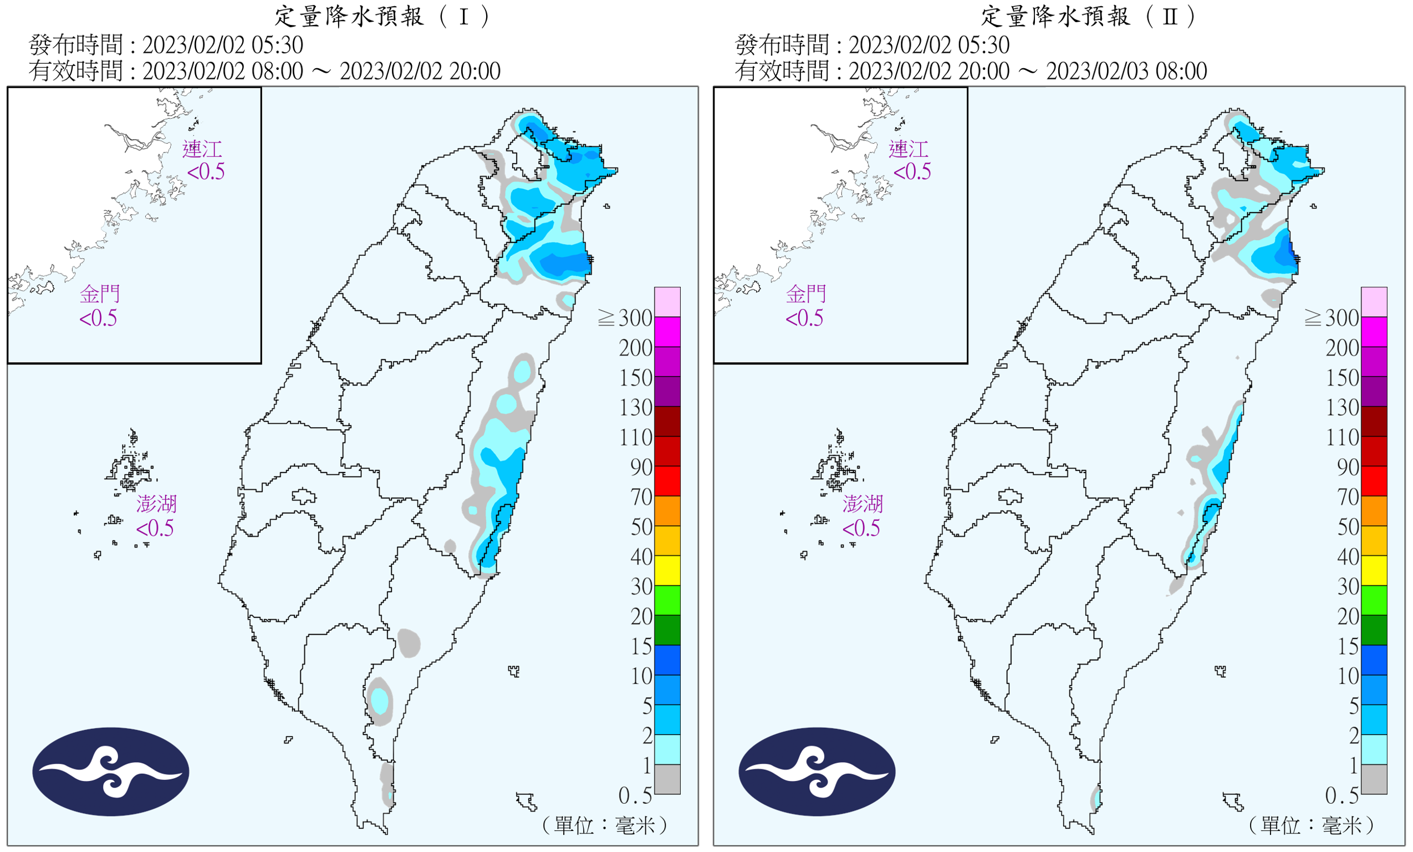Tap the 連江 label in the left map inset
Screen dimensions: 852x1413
coord(202,149)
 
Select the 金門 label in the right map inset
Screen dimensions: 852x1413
coord(805,295)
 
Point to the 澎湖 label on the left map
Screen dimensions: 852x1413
coord(156,504)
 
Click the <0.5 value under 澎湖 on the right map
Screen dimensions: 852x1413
coord(861,529)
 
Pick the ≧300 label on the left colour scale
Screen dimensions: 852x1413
coord(625,318)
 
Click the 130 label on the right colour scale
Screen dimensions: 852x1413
coord(1343,408)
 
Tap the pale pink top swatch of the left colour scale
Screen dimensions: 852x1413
coord(667,302)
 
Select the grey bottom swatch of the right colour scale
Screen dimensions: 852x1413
coord(1374,779)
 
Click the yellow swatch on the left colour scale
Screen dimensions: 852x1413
coord(667,570)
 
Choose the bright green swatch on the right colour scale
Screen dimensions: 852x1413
coord(1374,600)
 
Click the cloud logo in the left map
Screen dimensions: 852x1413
coord(111,772)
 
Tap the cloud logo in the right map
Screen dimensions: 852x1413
coord(817,772)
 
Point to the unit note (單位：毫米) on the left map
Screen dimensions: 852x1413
coord(604,825)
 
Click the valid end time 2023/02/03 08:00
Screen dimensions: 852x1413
coord(1126,71)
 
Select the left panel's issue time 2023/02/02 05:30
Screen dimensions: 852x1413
coord(222,45)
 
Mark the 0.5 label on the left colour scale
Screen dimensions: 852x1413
coord(635,796)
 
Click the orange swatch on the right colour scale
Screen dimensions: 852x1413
coord(1374,511)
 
